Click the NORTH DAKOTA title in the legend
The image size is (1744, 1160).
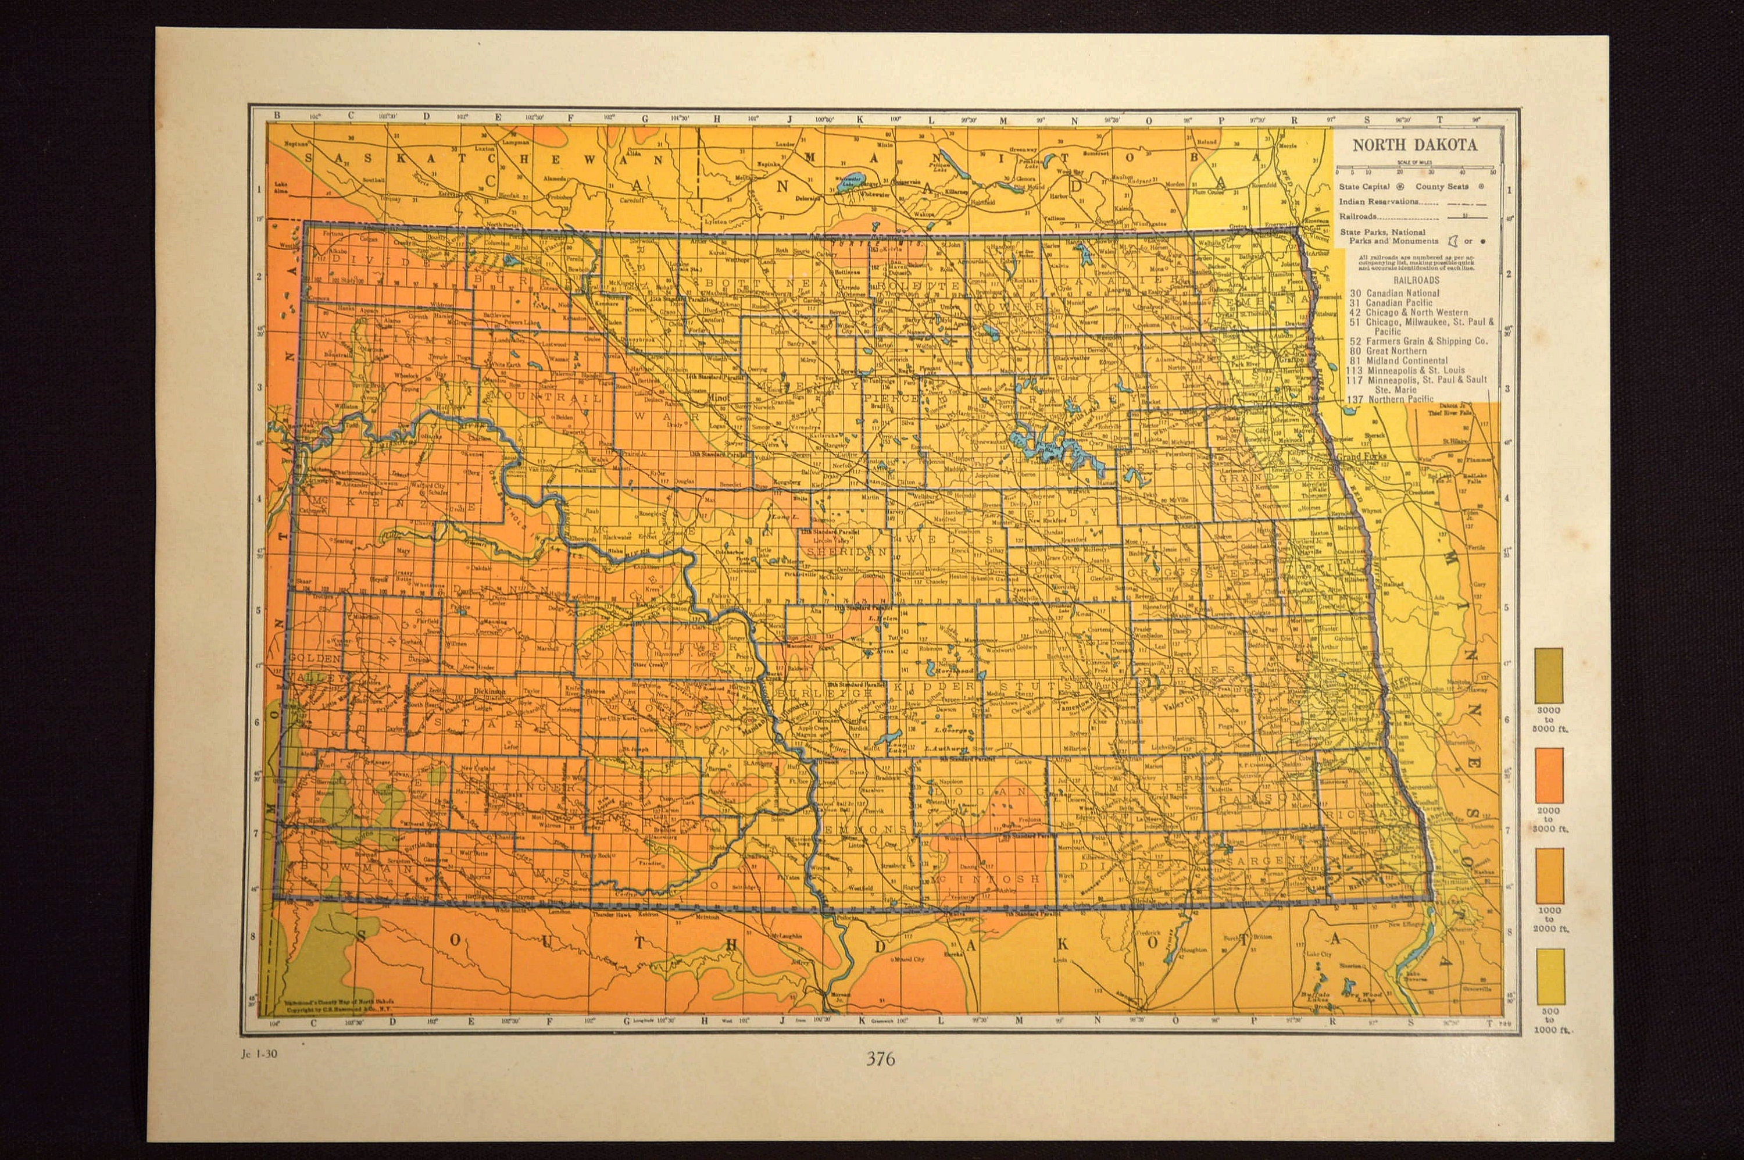click(x=1414, y=145)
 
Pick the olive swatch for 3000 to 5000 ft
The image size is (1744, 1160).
click(x=1549, y=676)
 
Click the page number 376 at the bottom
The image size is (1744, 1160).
click(x=880, y=1059)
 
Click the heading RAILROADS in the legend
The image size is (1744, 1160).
click(x=1416, y=281)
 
